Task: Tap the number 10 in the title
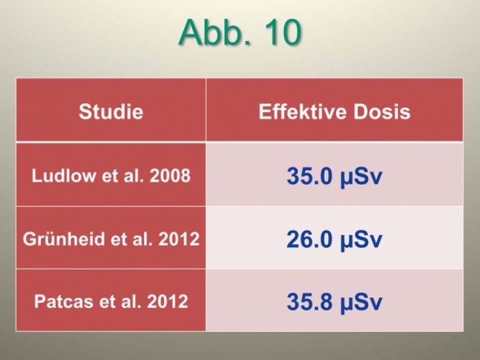tap(281, 32)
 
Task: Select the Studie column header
tap(111, 111)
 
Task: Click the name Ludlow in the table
tap(63, 176)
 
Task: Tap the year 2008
tap(170, 176)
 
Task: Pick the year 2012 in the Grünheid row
tap(179, 238)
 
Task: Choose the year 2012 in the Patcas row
tap(168, 301)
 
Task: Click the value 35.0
tap(309, 176)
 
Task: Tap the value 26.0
tap(309, 239)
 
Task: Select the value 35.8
tap(309, 301)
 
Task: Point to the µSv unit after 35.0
tap(361, 177)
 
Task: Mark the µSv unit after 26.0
tap(361, 240)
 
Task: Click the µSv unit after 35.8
tap(361, 303)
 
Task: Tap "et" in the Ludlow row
tap(110, 176)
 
